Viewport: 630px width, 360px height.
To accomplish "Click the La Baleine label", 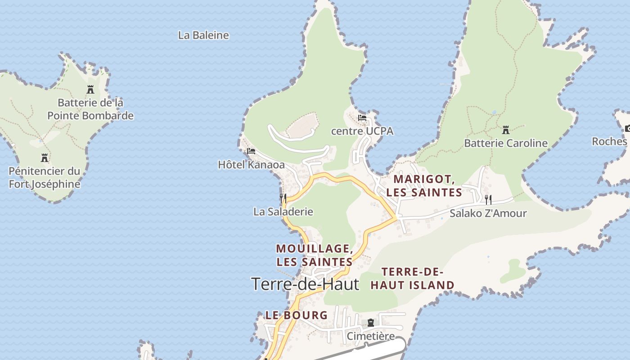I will pyautogui.click(x=203, y=35).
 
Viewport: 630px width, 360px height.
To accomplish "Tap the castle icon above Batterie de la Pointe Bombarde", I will pyautogui.click(x=90, y=89).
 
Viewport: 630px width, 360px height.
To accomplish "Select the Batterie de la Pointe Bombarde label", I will pyautogui.click(x=90, y=109).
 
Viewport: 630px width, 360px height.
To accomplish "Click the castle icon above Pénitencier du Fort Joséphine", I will pyautogui.click(x=45, y=157).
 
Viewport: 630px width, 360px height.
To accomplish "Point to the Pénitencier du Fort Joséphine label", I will pyautogui.click(x=45, y=178).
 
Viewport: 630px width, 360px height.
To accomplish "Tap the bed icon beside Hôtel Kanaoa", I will pyautogui.click(x=251, y=151).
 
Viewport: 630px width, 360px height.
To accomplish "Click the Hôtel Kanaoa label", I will pyautogui.click(x=251, y=165).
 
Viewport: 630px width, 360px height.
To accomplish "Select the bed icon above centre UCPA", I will pyautogui.click(x=362, y=118).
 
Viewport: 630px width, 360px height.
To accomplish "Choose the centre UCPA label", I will pyautogui.click(x=362, y=131).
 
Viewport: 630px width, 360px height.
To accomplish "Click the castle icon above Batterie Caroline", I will pyautogui.click(x=506, y=130).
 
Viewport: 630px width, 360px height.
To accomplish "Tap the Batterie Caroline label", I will pyautogui.click(x=506, y=143).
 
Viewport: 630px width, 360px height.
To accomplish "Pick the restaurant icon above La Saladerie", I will pyautogui.click(x=283, y=198).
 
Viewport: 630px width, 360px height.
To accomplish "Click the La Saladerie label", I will pyautogui.click(x=283, y=211).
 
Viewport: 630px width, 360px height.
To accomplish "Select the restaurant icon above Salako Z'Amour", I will pyautogui.click(x=488, y=199).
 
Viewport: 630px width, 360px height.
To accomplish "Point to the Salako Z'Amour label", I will pyautogui.click(x=488, y=213).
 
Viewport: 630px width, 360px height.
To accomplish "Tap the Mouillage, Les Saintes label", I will pyautogui.click(x=314, y=255).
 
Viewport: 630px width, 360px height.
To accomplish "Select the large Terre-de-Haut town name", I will pyautogui.click(x=305, y=284).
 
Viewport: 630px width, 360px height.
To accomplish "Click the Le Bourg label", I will pyautogui.click(x=297, y=315).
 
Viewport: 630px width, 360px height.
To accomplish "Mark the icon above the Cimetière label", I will pyautogui.click(x=371, y=323).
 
